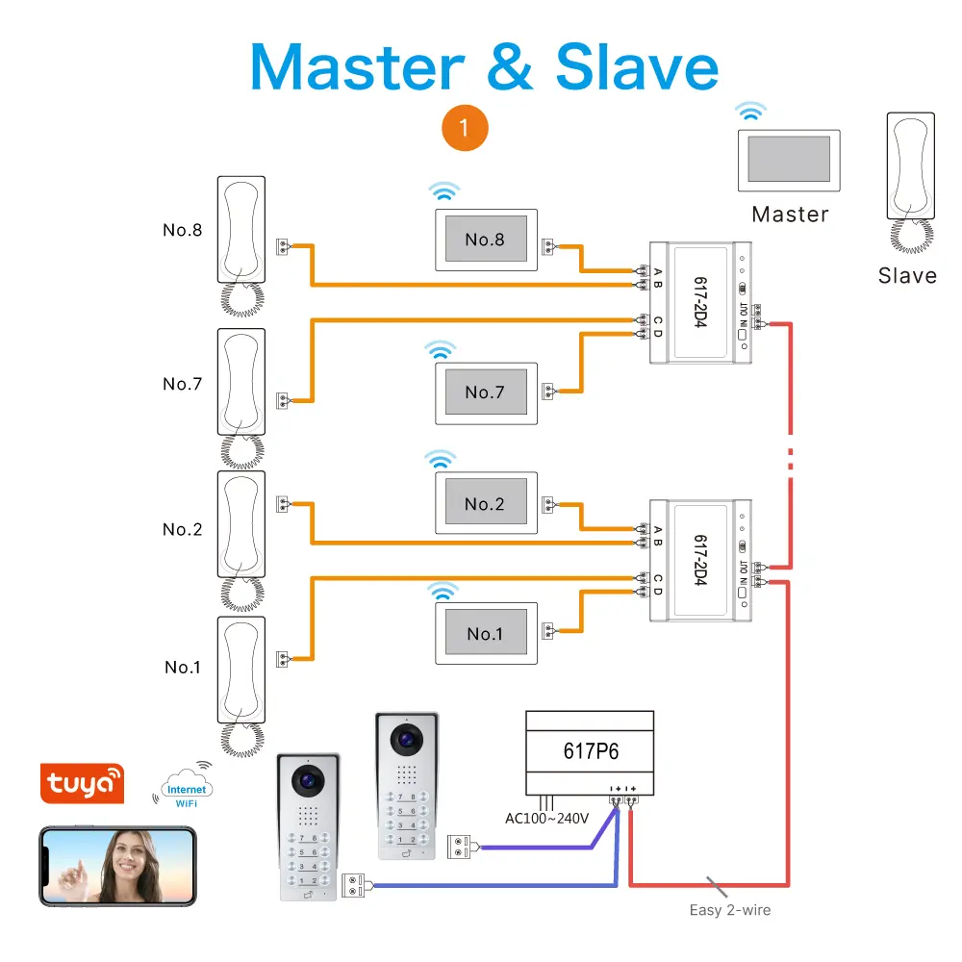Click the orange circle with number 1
465,128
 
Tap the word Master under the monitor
790,215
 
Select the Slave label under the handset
907,276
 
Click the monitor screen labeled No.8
485,240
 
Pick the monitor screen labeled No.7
485,392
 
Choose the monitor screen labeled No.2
485,504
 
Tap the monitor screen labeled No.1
485,634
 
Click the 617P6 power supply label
590,751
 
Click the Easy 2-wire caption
730,910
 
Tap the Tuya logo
82,784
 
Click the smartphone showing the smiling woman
117,866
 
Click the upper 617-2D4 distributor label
700,302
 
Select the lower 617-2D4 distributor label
700,561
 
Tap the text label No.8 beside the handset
182,231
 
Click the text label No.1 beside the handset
182,668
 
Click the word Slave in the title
637,68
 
